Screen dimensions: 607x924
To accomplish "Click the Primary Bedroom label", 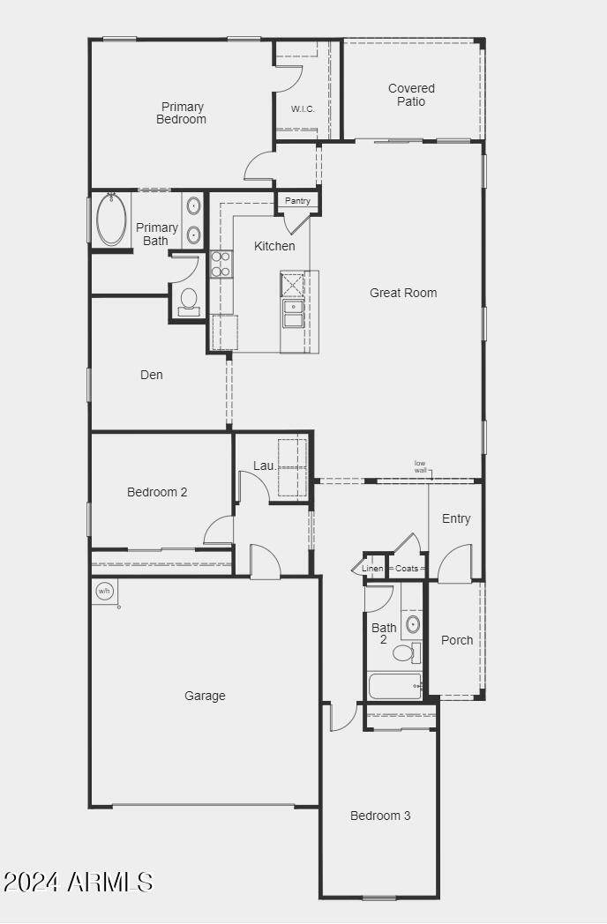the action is pyautogui.click(x=182, y=113).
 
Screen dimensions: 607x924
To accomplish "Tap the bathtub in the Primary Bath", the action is pyautogui.click(x=111, y=219).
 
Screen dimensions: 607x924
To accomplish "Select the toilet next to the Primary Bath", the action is pyautogui.click(x=189, y=302).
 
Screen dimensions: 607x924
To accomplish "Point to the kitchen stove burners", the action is pyautogui.click(x=221, y=264).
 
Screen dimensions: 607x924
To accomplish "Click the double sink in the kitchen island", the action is pyautogui.click(x=293, y=314).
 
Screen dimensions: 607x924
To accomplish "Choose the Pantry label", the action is pyautogui.click(x=297, y=201).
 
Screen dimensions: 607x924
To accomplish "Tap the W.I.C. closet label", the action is pyautogui.click(x=303, y=109).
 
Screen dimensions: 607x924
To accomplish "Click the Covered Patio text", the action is pyautogui.click(x=411, y=95).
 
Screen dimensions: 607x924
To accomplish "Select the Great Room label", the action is pyautogui.click(x=403, y=293).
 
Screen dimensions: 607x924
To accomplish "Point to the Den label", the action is pyautogui.click(x=152, y=375).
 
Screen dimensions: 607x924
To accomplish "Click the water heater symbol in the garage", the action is pyautogui.click(x=104, y=591).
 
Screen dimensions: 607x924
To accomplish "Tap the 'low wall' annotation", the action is pyautogui.click(x=420, y=466).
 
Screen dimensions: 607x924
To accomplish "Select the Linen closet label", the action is pyautogui.click(x=372, y=569).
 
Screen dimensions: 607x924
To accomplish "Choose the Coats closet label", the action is pyautogui.click(x=407, y=569).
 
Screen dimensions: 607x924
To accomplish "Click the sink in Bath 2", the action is pyautogui.click(x=413, y=623).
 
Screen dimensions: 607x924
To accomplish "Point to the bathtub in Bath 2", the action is pyautogui.click(x=395, y=687).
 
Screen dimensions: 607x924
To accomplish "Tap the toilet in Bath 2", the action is pyautogui.click(x=406, y=652).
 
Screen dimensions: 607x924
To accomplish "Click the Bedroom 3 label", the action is pyautogui.click(x=380, y=816).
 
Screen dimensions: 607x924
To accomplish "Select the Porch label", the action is pyautogui.click(x=457, y=640).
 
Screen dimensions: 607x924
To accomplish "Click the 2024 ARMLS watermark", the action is pyautogui.click(x=78, y=883).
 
